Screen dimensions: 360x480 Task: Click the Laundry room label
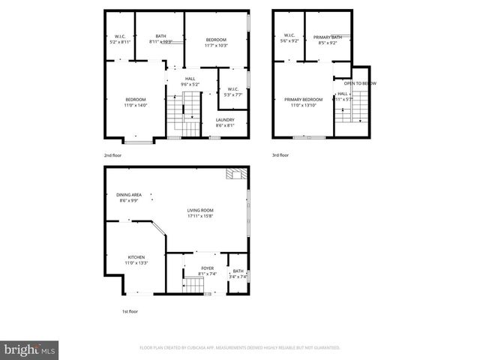coord(225,119)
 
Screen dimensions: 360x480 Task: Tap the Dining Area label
coord(129,195)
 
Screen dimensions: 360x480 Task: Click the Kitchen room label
coord(136,257)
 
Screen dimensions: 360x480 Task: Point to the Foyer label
coord(208,268)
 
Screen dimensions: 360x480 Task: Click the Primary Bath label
coord(328,37)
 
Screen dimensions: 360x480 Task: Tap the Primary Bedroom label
coord(303,99)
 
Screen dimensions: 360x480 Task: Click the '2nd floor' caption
coord(112,155)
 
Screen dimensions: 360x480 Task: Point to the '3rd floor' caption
coord(280,155)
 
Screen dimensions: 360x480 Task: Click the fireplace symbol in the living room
coord(235,175)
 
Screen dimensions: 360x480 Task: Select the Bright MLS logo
coord(29,349)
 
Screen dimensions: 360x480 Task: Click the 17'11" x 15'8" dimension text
coord(200,216)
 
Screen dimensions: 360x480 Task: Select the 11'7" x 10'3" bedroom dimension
coord(216,45)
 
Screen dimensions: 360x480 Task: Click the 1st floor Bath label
coord(238,271)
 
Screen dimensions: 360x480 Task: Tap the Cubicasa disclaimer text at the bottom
coord(240,347)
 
